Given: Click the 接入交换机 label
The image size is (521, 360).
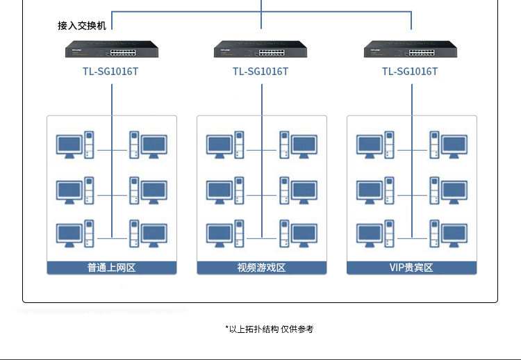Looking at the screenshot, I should pyautogui.click(x=82, y=26).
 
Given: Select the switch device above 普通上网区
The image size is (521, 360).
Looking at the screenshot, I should pyautogui.click(x=111, y=50).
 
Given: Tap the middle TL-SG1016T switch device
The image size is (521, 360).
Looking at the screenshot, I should pyautogui.click(x=260, y=50).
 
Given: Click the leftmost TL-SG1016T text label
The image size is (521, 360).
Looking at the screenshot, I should pyautogui.click(x=111, y=72).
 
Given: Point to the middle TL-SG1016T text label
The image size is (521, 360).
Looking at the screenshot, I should pyautogui.click(x=260, y=72).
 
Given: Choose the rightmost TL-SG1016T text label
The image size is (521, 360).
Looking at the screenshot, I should pyautogui.click(x=410, y=72).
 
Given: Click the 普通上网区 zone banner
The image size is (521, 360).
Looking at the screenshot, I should pyautogui.click(x=112, y=268).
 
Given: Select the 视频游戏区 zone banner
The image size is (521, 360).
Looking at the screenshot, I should pyautogui.click(x=261, y=268).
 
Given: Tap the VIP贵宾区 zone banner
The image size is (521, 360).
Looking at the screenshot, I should pyautogui.click(x=411, y=268).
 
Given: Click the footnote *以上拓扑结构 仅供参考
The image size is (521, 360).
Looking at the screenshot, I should pyautogui.click(x=269, y=329).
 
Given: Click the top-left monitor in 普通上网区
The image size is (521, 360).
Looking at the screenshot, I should pyautogui.click(x=69, y=145).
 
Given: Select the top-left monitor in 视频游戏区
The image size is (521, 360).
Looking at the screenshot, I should pyautogui.click(x=219, y=145).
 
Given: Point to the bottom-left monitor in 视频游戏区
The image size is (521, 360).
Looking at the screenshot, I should pyautogui.click(x=219, y=234).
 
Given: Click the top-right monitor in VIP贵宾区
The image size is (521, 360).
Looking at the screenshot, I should pyautogui.click(x=454, y=145).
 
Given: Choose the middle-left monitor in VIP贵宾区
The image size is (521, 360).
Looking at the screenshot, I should pyautogui.click(x=369, y=190).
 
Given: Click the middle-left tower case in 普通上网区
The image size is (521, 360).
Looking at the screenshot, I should pyautogui.click(x=89, y=190).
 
